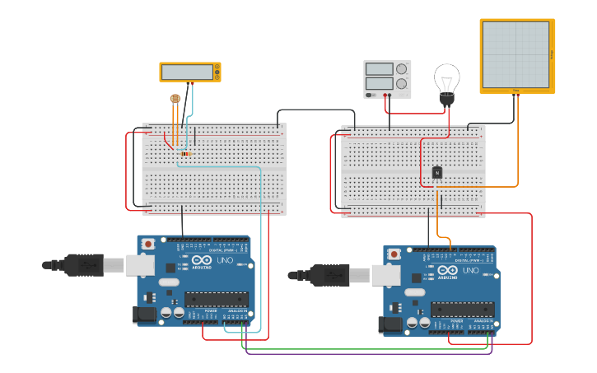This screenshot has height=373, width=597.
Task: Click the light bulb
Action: click(x=446, y=82)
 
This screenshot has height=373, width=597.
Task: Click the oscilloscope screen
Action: click(x=515, y=54)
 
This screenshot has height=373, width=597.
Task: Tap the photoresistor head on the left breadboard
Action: click(x=175, y=99)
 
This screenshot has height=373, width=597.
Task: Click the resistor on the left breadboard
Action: click(x=185, y=154)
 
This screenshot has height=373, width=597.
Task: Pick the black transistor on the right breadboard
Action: click(x=437, y=172)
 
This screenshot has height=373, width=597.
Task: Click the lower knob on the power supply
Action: click(x=401, y=83)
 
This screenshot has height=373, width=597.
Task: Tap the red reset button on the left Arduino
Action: click(x=148, y=244)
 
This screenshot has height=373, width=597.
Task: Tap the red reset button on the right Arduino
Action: click(x=394, y=254)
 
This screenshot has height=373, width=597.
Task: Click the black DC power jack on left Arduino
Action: click(x=145, y=315)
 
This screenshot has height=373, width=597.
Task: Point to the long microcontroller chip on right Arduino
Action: click(x=462, y=310)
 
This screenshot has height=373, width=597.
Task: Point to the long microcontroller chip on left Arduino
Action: click(x=216, y=300)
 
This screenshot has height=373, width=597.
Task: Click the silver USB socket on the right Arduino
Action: click(x=385, y=274)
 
